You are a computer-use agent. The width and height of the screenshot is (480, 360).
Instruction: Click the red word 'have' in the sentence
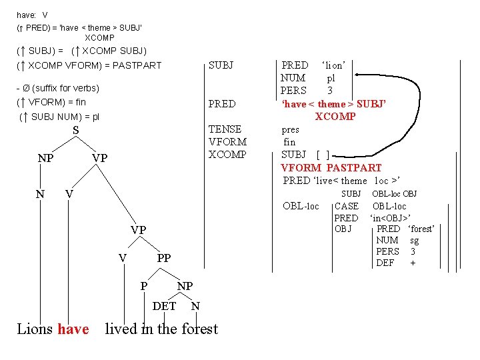(73, 329)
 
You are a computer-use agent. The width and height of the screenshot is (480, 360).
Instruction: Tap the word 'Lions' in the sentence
(35, 329)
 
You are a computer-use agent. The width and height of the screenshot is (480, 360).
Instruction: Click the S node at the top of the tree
(75, 131)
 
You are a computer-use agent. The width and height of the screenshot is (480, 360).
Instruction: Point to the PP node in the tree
(164, 258)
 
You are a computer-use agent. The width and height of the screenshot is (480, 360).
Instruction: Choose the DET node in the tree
(164, 306)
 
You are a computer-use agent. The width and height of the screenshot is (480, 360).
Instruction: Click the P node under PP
(144, 286)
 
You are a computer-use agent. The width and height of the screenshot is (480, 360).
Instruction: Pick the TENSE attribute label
(225, 129)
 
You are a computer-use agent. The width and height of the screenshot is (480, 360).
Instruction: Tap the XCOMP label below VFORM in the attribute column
(227, 154)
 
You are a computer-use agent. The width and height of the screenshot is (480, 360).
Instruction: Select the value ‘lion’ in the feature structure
(333, 65)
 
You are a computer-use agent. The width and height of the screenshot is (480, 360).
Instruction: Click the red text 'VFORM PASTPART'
(331, 168)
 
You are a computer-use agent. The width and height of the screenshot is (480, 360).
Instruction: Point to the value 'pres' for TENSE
(291, 129)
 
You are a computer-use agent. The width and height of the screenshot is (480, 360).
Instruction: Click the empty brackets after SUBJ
(323, 155)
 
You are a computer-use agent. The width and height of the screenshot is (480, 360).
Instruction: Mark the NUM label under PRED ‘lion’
(293, 78)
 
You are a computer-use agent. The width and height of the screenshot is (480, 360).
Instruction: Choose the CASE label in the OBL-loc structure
(347, 206)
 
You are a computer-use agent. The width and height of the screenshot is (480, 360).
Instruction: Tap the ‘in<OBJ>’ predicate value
(390, 218)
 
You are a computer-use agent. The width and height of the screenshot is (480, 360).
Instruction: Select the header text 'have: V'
(32, 15)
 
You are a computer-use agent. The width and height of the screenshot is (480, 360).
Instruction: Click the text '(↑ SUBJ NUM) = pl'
(59, 117)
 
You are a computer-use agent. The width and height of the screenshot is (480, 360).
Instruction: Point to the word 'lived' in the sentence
(121, 329)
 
